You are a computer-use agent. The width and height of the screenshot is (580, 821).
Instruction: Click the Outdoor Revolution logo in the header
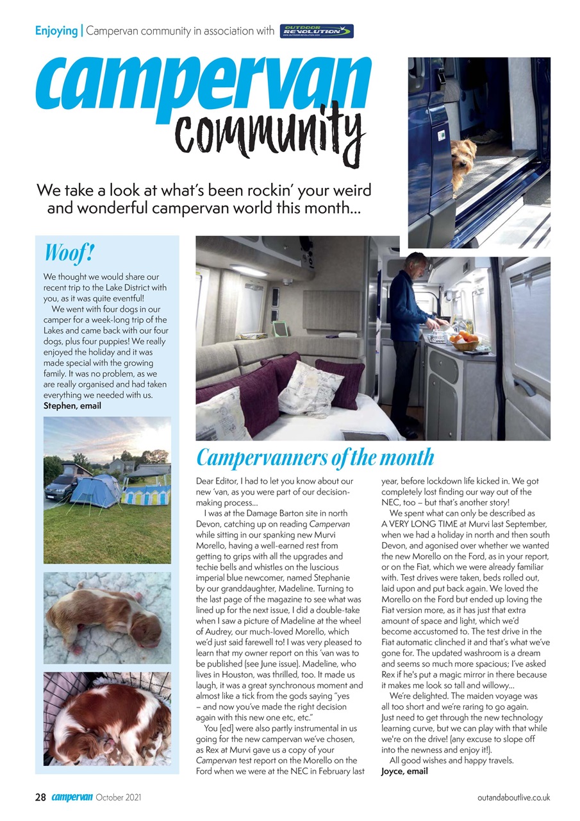[317, 31]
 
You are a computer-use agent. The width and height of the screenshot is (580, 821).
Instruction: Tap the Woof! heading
[69, 253]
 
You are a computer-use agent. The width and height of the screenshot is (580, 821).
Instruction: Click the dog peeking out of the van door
[463, 161]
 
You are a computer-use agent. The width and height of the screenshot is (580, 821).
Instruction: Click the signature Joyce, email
[404, 771]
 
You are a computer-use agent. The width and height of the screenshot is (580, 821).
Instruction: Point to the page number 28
[40, 797]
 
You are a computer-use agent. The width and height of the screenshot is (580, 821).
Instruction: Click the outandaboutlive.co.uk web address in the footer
[513, 797]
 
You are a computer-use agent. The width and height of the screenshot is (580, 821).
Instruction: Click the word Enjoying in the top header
[56, 30]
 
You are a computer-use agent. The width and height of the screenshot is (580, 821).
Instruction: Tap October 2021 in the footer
[119, 797]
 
